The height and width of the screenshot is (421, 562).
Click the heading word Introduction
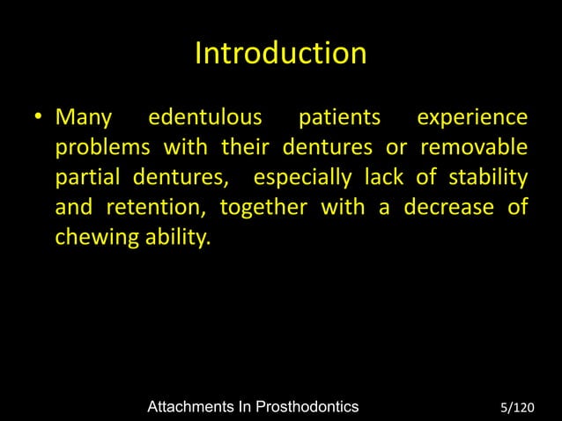(280, 54)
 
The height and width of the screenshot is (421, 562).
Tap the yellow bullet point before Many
(40, 119)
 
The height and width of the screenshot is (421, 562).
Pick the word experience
(472, 118)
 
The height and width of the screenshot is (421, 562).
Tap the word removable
(475, 148)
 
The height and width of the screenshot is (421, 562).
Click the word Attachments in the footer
(195, 406)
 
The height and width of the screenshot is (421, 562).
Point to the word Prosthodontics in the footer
(304, 406)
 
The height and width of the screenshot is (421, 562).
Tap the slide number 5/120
(516, 407)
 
